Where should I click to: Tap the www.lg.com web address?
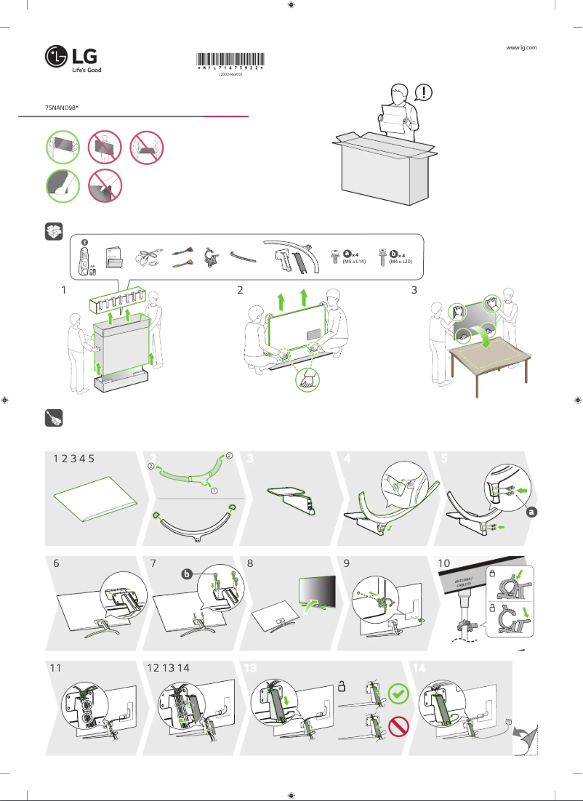520,47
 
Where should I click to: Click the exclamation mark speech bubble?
425,93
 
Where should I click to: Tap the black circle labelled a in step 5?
532,512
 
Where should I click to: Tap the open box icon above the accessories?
54,232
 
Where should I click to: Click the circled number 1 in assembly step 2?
214,491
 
